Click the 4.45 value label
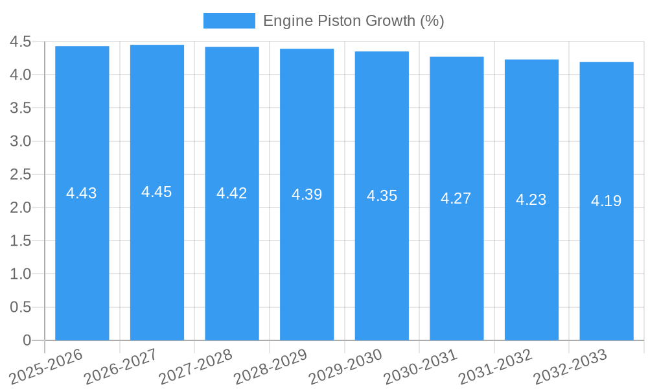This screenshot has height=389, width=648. click(157, 192)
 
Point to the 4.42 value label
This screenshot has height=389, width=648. click(232, 193)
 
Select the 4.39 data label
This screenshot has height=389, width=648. click(307, 194)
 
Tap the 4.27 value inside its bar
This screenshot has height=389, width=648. click(456, 198)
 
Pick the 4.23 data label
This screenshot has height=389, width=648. click(531, 200)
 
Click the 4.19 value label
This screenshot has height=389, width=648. click(607, 201)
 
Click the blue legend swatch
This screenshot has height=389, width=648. click(229, 21)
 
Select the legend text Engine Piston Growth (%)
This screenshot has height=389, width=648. click(353, 21)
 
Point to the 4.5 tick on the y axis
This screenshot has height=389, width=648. click(21, 41)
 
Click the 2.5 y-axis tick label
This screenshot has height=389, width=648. click(21, 174)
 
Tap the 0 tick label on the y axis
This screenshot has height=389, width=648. click(27, 340)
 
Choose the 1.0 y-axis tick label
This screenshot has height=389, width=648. click(21, 274)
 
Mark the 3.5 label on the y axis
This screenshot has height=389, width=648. click(21, 108)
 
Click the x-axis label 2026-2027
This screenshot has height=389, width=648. click(121, 366)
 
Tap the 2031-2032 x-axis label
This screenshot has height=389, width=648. click(496, 366)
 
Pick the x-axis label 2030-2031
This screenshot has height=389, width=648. click(421, 366)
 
